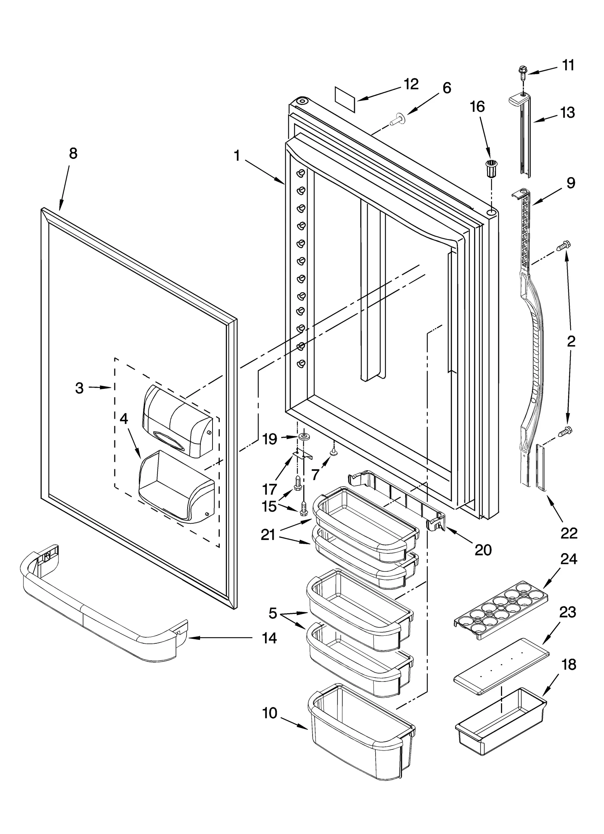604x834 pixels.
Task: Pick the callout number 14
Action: click(x=269, y=638)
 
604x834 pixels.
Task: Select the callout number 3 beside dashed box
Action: click(x=79, y=388)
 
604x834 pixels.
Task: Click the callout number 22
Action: click(x=569, y=533)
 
